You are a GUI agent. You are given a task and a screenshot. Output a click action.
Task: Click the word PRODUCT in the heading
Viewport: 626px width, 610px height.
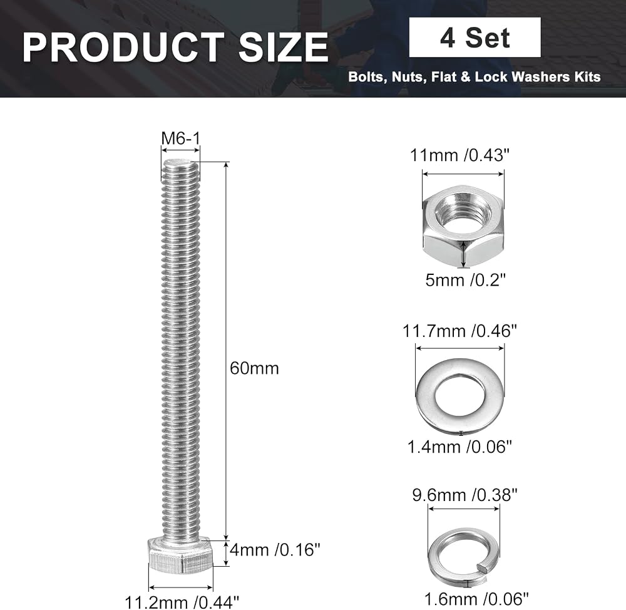pos(123,48)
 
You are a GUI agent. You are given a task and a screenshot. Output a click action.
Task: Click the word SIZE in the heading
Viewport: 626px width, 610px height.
pos(284,48)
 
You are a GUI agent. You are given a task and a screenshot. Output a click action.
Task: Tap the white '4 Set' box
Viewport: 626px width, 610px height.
pos(475,37)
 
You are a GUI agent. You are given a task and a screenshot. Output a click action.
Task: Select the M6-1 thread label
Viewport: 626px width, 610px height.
pos(180,138)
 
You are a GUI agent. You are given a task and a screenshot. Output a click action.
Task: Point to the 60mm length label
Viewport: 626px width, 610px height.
pos(254,368)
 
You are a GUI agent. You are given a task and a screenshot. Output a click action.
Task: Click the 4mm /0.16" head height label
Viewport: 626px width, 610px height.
pos(275,550)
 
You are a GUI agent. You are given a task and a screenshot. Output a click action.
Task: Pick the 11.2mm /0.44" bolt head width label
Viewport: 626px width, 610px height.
pos(182,602)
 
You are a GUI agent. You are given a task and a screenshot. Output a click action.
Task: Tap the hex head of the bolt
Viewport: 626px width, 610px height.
pos(181,556)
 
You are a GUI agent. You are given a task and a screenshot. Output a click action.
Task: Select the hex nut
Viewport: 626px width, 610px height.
pos(463,226)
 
